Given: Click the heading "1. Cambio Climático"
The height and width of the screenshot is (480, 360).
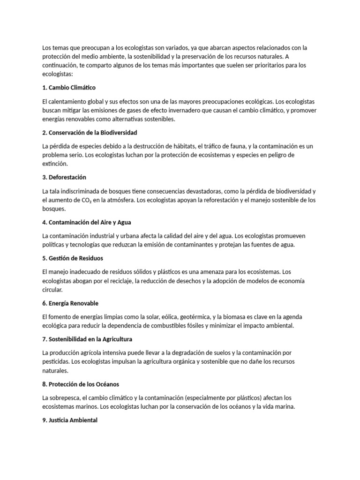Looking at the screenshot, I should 69,88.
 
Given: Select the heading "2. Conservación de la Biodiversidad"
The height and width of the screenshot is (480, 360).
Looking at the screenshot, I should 90,133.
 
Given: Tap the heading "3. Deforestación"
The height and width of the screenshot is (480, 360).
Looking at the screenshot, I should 64,178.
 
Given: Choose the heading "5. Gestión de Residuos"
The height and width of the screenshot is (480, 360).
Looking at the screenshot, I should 73,258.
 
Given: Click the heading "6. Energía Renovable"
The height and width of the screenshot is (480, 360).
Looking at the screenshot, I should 70,303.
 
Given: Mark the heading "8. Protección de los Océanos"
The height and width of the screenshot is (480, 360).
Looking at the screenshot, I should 81,384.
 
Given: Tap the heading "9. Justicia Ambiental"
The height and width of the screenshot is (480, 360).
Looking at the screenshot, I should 70,420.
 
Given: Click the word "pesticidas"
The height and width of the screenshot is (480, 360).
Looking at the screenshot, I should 55,361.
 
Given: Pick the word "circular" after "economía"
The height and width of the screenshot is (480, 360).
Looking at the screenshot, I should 52,290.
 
